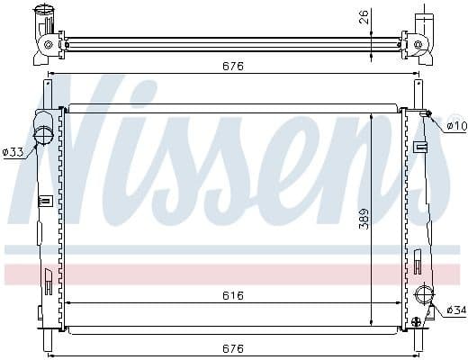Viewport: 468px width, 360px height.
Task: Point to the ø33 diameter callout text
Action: [13, 152]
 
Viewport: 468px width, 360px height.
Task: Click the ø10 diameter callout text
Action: [455, 125]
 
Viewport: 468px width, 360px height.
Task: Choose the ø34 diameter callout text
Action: [455, 310]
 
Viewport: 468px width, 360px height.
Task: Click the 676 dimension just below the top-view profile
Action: [232, 66]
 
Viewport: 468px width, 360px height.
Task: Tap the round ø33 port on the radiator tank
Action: [43, 135]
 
